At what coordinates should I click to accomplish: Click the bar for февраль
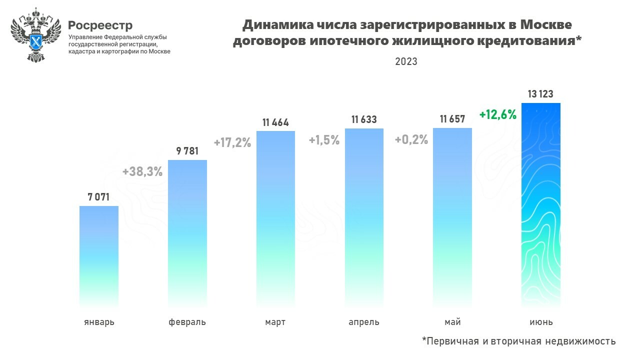(x=187, y=232)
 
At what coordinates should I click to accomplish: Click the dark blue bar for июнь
(x=541, y=204)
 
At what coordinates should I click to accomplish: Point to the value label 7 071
(x=99, y=197)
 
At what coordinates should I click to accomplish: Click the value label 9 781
(x=187, y=151)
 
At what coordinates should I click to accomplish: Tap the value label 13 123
(x=540, y=94)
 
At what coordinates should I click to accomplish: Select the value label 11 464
(x=275, y=122)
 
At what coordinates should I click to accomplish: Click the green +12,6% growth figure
(x=497, y=114)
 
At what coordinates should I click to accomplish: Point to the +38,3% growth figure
(x=142, y=171)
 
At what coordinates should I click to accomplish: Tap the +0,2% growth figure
(x=411, y=140)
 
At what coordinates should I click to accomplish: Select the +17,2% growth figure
(x=232, y=142)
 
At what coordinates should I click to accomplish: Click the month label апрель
(x=364, y=322)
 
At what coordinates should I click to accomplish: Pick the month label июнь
(x=541, y=322)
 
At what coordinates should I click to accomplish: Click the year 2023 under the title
(x=406, y=61)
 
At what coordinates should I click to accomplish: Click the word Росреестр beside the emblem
(x=100, y=24)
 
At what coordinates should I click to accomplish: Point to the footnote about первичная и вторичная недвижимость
(x=519, y=341)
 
